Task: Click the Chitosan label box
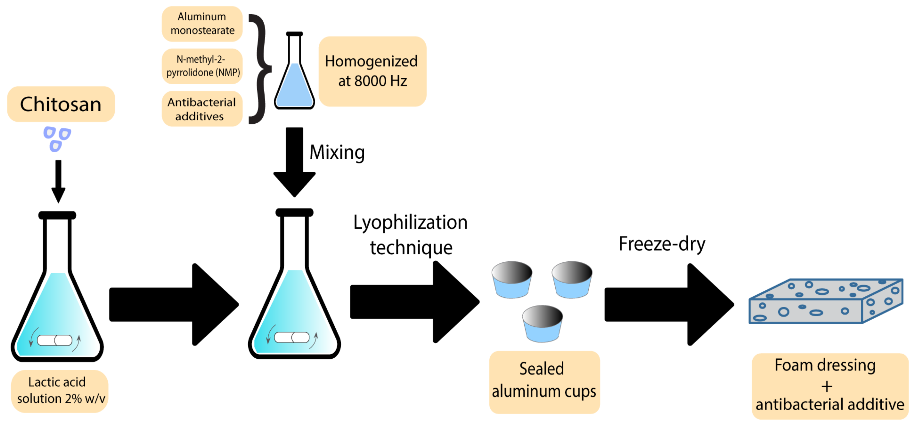click(61, 104)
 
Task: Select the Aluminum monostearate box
click(202, 24)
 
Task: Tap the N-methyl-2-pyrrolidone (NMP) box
click(202, 66)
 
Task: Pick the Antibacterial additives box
click(202, 109)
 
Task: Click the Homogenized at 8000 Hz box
click(372, 71)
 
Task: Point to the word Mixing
click(337, 152)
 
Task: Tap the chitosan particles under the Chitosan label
click(57, 139)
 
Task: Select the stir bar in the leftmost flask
click(55, 340)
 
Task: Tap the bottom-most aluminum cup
click(542, 324)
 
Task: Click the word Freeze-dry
click(662, 244)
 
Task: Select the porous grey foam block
click(825, 302)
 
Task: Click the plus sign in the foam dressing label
click(827, 387)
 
